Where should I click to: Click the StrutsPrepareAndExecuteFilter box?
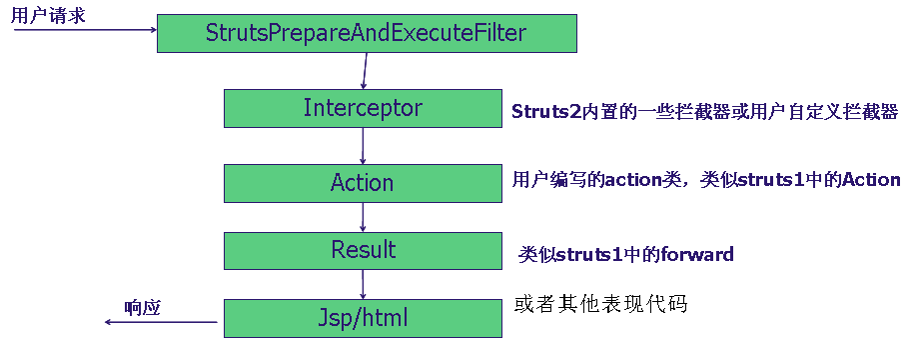pyautogui.click(x=366, y=33)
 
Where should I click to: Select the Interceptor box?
pyautogui.click(x=362, y=108)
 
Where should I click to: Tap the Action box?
pyautogui.click(x=362, y=182)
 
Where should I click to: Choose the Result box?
pyautogui.click(x=363, y=250)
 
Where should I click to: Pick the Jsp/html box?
pyautogui.click(x=362, y=319)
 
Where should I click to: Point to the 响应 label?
pyautogui.click(x=142, y=307)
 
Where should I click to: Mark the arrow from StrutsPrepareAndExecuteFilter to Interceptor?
pyautogui.click(x=365, y=71)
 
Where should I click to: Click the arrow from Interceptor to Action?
pyautogui.click(x=363, y=145)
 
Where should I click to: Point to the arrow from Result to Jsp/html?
pyautogui.click(x=363, y=284)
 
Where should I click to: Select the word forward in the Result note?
pyautogui.click(x=696, y=255)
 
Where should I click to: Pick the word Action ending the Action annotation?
pyautogui.click(x=871, y=180)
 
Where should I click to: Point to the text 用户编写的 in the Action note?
pyautogui.click(x=544, y=180)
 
